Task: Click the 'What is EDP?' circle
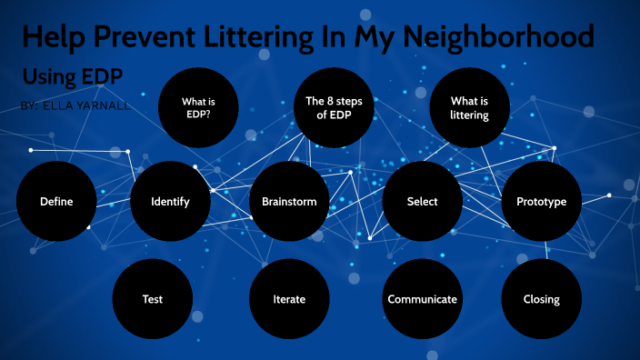pyautogui.click(x=198, y=108)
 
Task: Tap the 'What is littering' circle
pyautogui.click(x=469, y=108)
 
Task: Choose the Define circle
pyautogui.click(x=56, y=201)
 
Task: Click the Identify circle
pyautogui.click(x=171, y=201)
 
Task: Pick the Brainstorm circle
pyautogui.click(x=289, y=201)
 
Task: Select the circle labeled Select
pyautogui.click(x=423, y=201)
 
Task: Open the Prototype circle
pyautogui.click(x=541, y=201)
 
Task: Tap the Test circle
pyautogui.click(x=153, y=298)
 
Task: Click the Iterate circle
pyautogui.click(x=289, y=298)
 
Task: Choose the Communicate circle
pyautogui.click(x=423, y=298)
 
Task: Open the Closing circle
pyautogui.click(x=541, y=298)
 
